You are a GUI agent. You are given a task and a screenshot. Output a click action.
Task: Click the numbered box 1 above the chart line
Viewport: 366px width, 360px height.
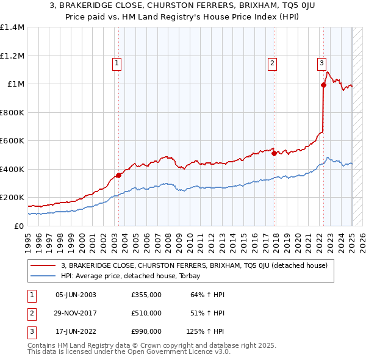[x=117, y=62]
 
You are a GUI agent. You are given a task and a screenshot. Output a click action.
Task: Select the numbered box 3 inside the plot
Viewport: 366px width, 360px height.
[x=321, y=62]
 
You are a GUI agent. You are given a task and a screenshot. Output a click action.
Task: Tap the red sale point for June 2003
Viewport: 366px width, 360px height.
[x=118, y=176]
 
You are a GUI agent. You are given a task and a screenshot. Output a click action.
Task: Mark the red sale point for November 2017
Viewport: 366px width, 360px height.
[x=274, y=154]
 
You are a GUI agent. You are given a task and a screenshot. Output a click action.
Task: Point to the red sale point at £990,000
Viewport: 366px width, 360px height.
[x=323, y=85]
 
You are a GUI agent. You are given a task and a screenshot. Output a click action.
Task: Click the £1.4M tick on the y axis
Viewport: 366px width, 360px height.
[x=12, y=27]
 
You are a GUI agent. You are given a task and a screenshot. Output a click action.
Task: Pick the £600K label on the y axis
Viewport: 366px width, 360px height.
[x=12, y=141]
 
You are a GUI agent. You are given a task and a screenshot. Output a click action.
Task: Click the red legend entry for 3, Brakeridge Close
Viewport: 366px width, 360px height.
[x=195, y=265]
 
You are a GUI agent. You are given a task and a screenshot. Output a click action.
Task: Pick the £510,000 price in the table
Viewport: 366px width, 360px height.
[x=146, y=313]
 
